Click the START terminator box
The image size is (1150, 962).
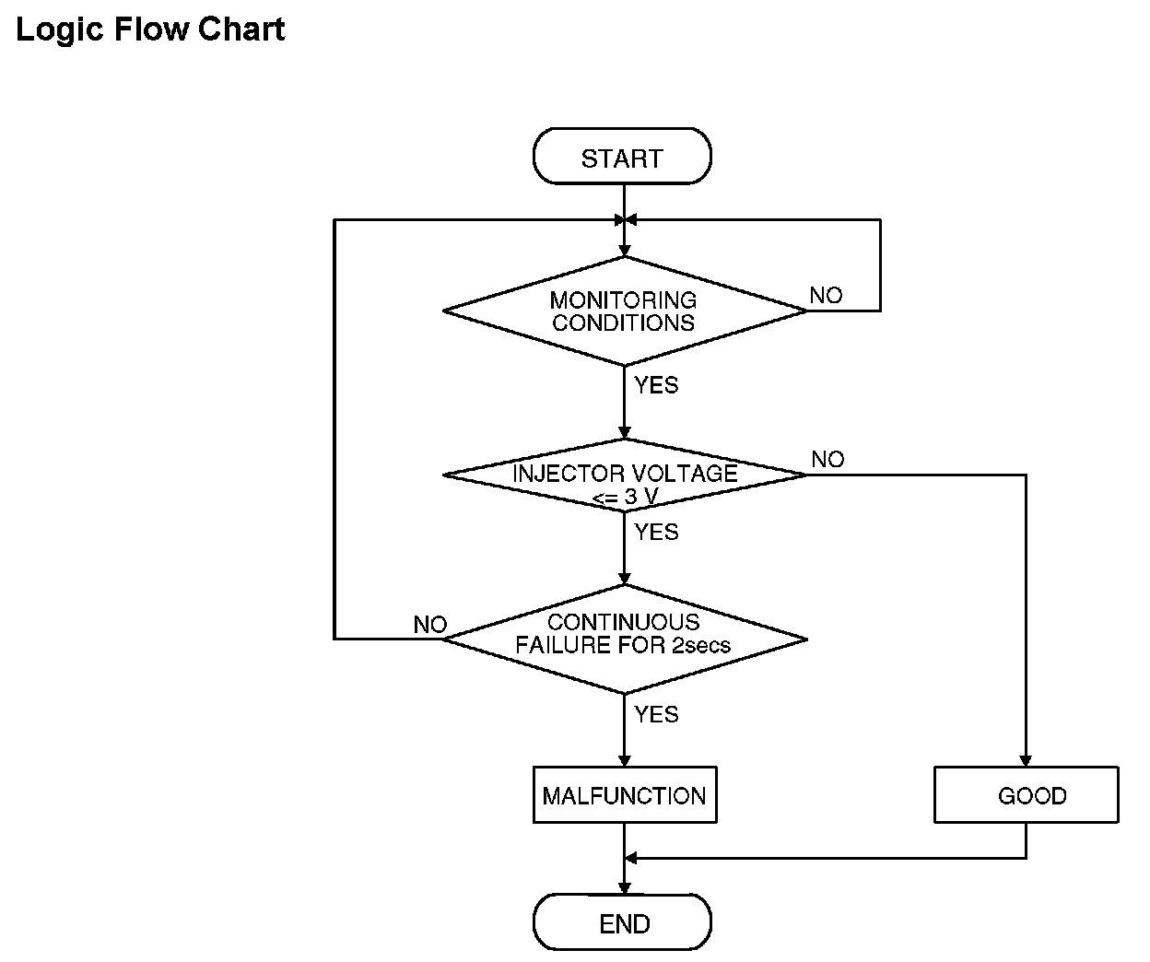pyautogui.click(x=622, y=156)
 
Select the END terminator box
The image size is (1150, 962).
pyautogui.click(x=622, y=922)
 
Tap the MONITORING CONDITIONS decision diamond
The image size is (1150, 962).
pyautogui.click(x=625, y=311)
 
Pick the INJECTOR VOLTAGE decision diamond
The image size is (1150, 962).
pyautogui.click(x=625, y=475)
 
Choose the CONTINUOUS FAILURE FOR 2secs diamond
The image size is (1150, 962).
pyautogui.click(x=625, y=639)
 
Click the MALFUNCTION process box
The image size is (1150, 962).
pyautogui.click(x=625, y=795)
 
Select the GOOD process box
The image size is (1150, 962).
pyautogui.click(x=1027, y=795)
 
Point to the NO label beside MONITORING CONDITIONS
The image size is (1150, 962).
pyautogui.click(x=826, y=296)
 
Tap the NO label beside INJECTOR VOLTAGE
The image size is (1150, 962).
pyautogui.click(x=827, y=459)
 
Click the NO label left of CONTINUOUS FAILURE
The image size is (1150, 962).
pyautogui.click(x=430, y=625)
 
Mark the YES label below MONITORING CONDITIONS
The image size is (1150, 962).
pyautogui.click(x=656, y=385)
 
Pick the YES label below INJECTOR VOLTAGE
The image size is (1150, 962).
pyautogui.click(x=656, y=533)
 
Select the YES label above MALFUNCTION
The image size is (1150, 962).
pyautogui.click(x=656, y=715)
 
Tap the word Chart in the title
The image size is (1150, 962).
pyautogui.click(x=241, y=29)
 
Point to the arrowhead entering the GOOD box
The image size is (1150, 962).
pyautogui.click(x=1026, y=760)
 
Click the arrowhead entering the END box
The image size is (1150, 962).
pyautogui.click(x=625, y=887)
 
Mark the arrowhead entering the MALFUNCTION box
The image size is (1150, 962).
pyautogui.click(x=625, y=760)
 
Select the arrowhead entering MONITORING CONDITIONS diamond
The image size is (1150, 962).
pyautogui.click(x=625, y=252)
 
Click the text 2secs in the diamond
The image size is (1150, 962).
pyautogui.click(x=701, y=645)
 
